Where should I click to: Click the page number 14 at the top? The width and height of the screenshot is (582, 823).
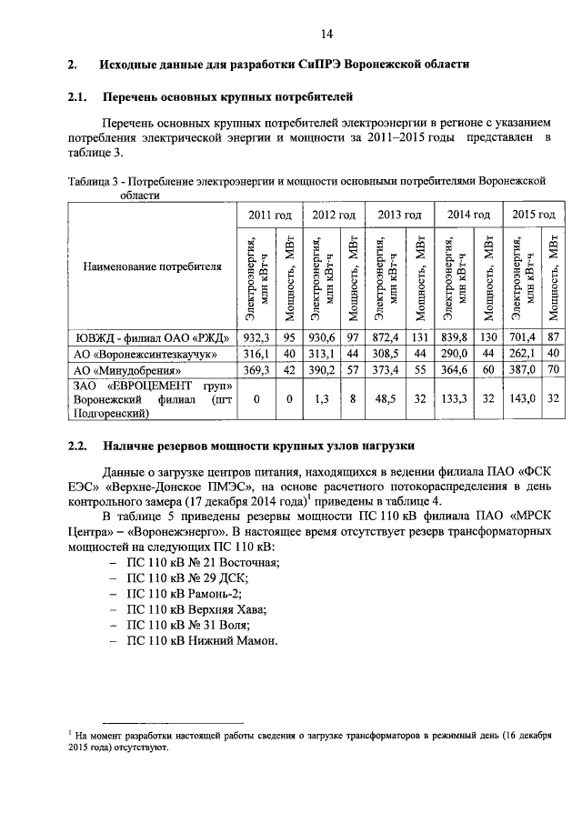[326, 34]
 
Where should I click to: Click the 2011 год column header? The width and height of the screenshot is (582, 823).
[269, 215]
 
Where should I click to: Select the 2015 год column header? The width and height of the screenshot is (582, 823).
[533, 215]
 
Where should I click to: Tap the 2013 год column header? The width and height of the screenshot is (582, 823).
[400, 215]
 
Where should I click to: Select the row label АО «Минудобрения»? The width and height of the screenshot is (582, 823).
[120, 370]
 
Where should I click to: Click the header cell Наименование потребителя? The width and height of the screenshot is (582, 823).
[153, 268]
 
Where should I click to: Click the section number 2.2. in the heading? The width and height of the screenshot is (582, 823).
[76, 446]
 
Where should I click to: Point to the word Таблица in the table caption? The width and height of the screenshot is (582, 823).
[89, 182]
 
